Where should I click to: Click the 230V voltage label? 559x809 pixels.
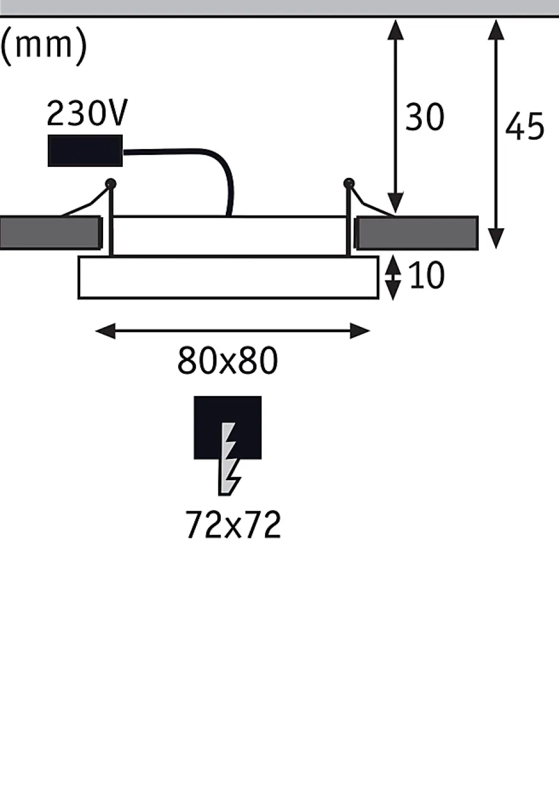(x=86, y=113)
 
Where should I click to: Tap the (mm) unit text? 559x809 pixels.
(x=44, y=44)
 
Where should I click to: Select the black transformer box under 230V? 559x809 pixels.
(x=85, y=151)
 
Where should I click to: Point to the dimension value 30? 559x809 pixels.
(x=425, y=117)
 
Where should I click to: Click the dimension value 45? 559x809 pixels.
(x=524, y=127)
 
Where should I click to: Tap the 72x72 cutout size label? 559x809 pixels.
(x=233, y=525)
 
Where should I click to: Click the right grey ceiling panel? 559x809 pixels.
(x=417, y=233)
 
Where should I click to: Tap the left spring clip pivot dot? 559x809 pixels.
(x=111, y=184)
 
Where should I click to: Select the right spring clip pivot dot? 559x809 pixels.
(x=348, y=184)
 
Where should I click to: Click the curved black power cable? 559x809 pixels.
(x=219, y=167)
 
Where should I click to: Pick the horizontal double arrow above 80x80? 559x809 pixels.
(x=232, y=331)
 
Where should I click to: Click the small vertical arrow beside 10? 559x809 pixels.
(x=392, y=278)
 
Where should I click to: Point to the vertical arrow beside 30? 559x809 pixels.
(x=395, y=115)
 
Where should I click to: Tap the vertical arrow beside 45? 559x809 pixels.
(x=496, y=132)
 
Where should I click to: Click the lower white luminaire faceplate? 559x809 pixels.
(x=228, y=278)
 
